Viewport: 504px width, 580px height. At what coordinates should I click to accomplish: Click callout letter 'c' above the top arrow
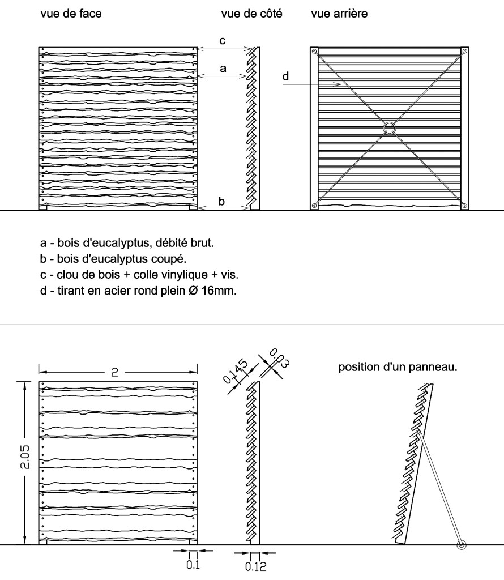click(223, 41)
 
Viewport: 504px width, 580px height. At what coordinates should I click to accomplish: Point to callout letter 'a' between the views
click(223, 68)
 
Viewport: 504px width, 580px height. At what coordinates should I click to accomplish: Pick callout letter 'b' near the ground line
click(222, 201)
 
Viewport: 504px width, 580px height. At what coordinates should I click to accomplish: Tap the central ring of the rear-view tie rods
click(389, 129)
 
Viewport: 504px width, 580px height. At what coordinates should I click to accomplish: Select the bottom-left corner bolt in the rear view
click(314, 205)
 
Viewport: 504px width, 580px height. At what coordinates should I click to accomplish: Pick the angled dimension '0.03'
click(277, 359)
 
